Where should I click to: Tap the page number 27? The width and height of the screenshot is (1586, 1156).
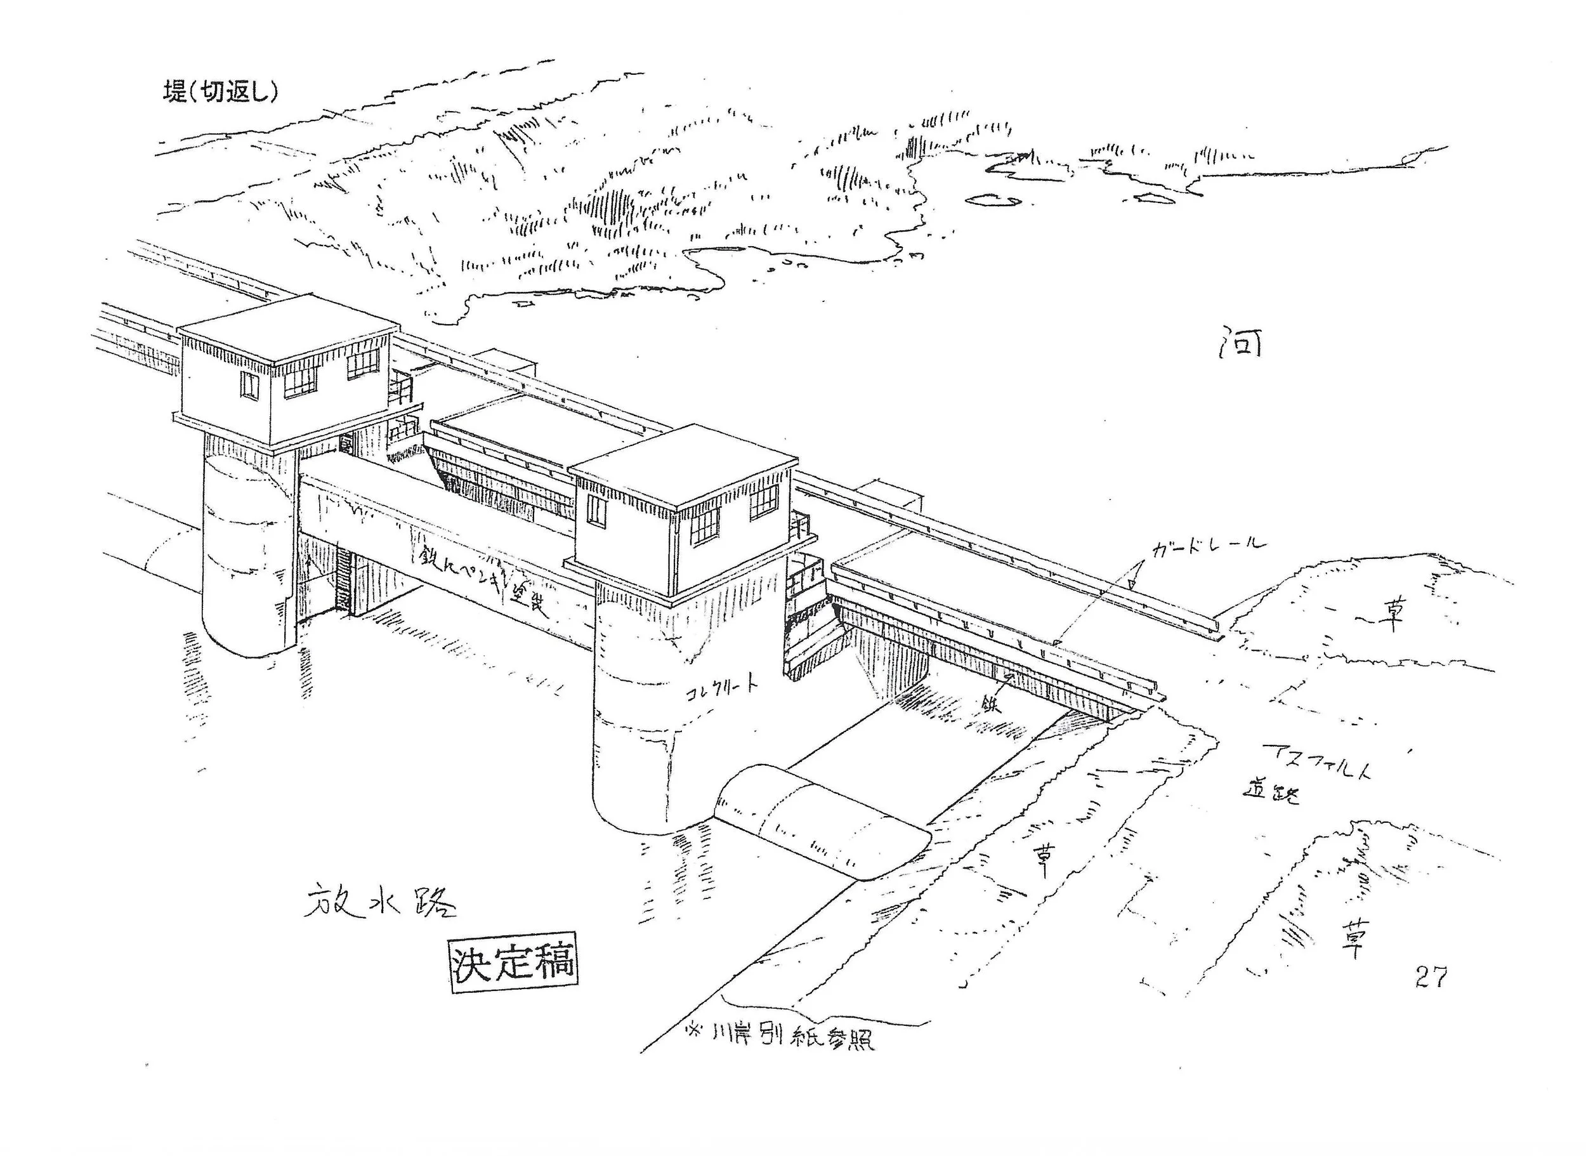[1431, 977]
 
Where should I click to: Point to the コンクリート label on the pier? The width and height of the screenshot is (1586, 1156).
[721, 686]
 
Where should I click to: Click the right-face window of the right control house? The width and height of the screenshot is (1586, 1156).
[764, 502]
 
